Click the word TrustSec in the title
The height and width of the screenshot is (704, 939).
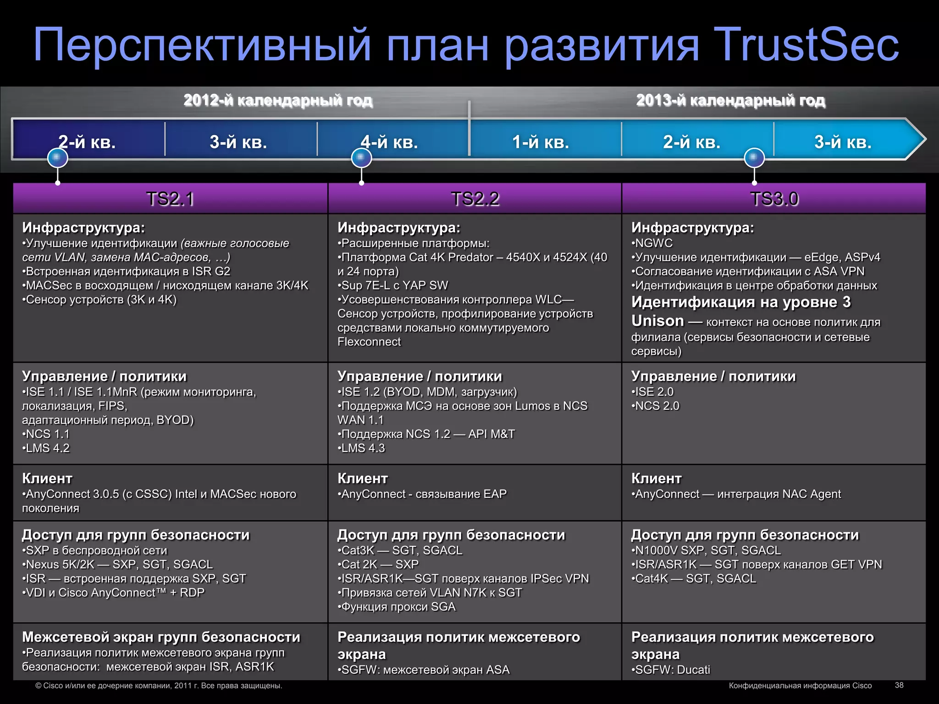click(x=806, y=44)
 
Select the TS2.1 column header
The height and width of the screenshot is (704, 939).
click(x=170, y=199)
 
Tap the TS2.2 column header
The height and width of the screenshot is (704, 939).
click(x=475, y=199)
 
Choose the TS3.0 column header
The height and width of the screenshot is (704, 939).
click(x=774, y=199)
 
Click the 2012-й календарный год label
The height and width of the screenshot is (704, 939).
click(x=278, y=100)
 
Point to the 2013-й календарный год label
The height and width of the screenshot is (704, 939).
click(x=730, y=100)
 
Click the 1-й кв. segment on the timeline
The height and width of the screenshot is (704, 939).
click(x=540, y=142)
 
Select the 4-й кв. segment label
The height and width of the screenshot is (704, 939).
click(x=389, y=142)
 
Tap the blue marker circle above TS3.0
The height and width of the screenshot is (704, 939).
click(x=754, y=158)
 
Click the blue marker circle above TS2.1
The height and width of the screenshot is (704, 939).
click(x=58, y=158)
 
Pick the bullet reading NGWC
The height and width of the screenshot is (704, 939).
click(x=653, y=243)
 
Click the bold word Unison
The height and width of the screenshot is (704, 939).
click(x=657, y=321)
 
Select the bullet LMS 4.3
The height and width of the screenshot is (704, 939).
click(x=362, y=448)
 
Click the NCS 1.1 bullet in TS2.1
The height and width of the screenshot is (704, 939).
click(x=47, y=434)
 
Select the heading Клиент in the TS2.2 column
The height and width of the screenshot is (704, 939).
click(x=363, y=478)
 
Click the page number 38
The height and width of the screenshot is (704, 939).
click(x=899, y=685)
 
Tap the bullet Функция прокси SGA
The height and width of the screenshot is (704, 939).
click(x=398, y=606)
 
